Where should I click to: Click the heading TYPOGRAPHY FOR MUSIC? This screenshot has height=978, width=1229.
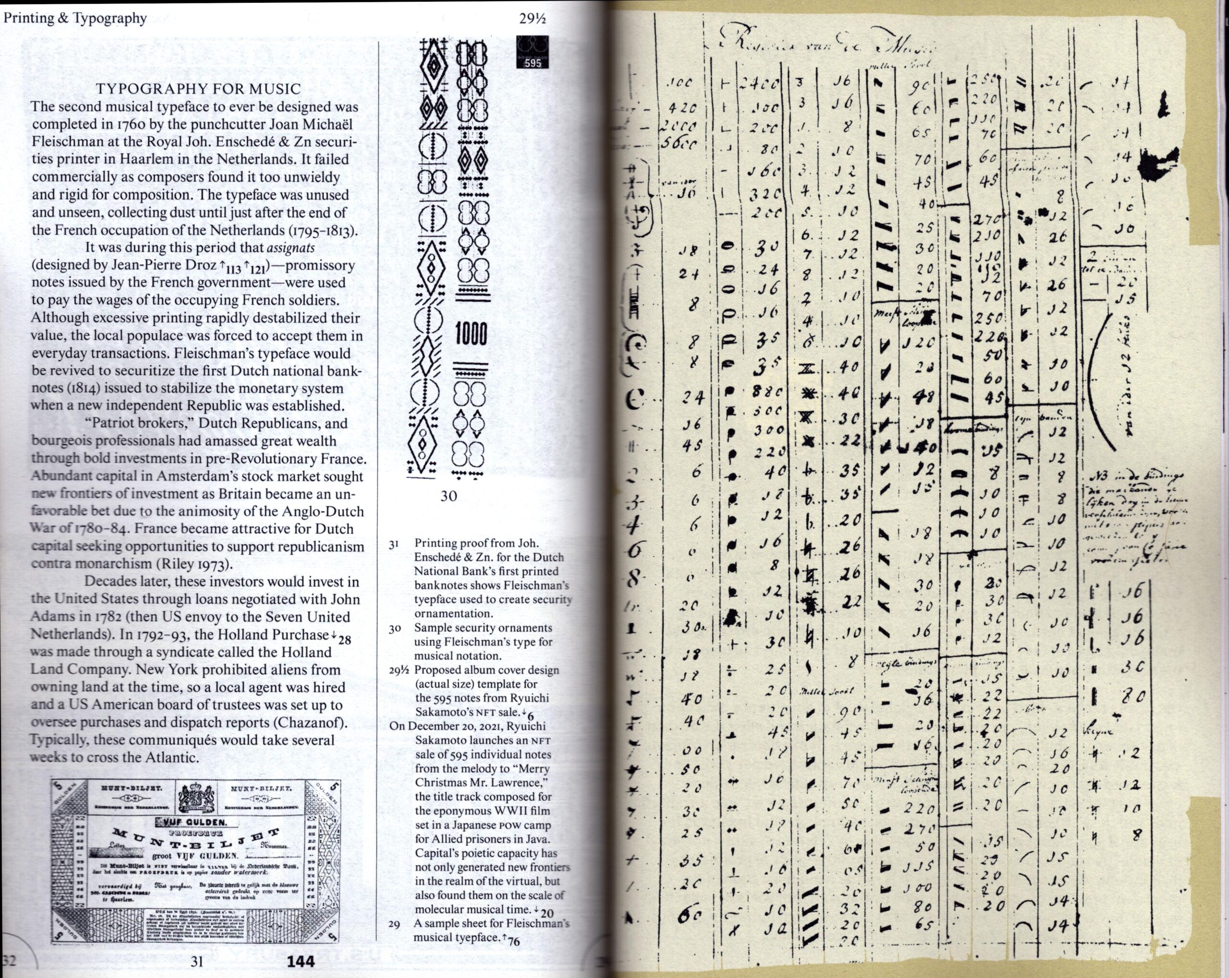pyautogui.click(x=198, y=89)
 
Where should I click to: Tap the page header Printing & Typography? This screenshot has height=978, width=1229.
pyautogui.click(x=75, y=18)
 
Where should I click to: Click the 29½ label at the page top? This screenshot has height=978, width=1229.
pyautogui.click(x=532, y=19)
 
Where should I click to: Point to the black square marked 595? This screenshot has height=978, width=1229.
pyautogui.click(x=532, y=52)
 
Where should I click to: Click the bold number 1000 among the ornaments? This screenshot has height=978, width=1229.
pyautogui.click(x=471, y=334)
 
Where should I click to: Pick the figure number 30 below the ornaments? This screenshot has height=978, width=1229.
pyautogui.click(x=448, y=496)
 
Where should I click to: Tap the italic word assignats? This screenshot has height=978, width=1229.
pyautogui.click(x=291, y=248)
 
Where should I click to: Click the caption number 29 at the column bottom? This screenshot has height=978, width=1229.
pyautogui.click(x=394, y=924)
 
